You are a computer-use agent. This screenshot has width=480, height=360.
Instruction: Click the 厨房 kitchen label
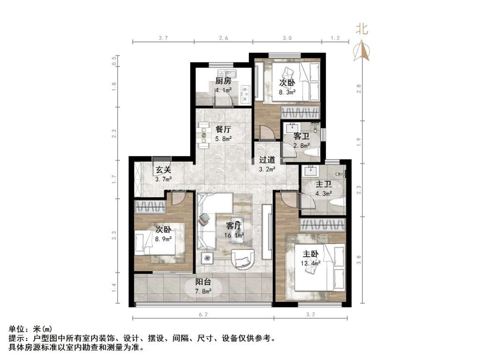223,81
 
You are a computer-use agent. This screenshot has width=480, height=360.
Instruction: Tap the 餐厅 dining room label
223,130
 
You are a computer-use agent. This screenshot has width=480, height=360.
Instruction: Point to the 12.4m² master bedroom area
310,263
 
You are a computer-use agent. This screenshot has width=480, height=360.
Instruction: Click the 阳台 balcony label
203,283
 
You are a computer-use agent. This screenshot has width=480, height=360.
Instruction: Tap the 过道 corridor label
267,160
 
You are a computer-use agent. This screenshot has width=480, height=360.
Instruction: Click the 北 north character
361,30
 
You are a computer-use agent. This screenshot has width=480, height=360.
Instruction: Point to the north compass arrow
361,51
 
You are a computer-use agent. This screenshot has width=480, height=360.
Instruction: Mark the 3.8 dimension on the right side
360,260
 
